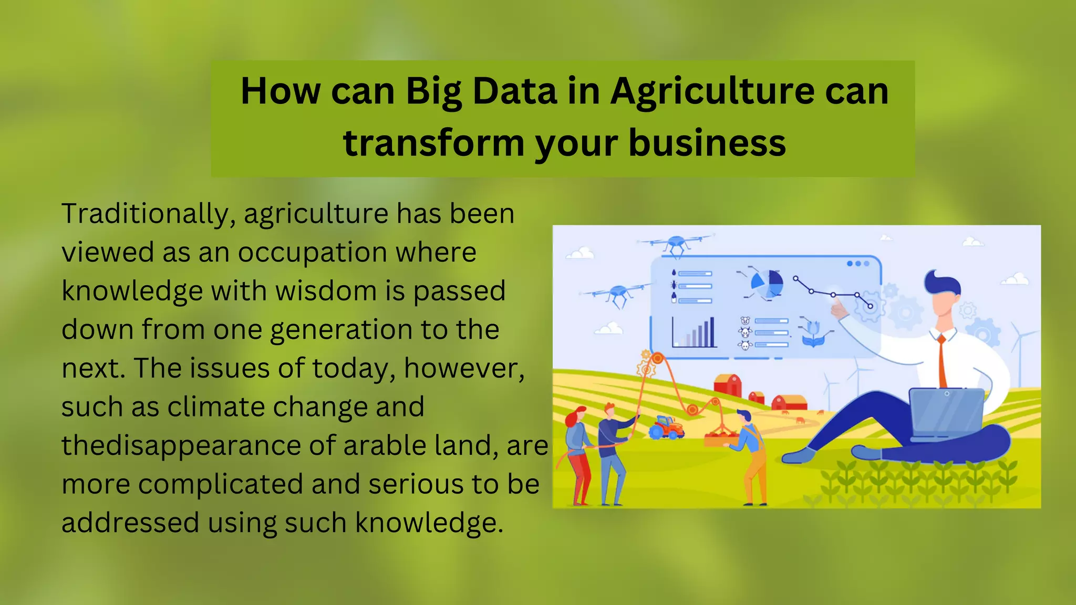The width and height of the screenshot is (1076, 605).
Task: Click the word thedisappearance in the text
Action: click(181, 445)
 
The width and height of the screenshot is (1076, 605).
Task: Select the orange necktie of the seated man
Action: click(941, 362)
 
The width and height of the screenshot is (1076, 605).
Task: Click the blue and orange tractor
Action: click(666, 426)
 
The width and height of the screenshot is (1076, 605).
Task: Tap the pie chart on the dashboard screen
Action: click(767, 284)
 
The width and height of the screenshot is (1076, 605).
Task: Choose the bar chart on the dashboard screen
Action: click(694, 332)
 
